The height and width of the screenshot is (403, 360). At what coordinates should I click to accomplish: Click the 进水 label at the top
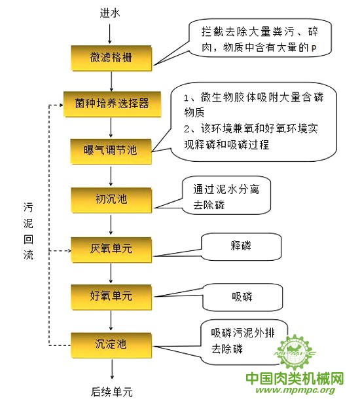click(x=110, y=13)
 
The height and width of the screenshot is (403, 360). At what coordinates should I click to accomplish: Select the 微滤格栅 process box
click(x=111, y=58)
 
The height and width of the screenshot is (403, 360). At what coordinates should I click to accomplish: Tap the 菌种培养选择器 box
click(x=112, y=104)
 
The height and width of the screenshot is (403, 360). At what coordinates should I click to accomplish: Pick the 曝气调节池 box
click(x=111, y=151)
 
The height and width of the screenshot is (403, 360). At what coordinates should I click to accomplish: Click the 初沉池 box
click(x=111, y=200)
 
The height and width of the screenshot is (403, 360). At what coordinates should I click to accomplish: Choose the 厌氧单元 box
click(x=111, y=250)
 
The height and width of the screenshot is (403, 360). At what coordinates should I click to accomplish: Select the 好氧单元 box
click(x=111, y=297)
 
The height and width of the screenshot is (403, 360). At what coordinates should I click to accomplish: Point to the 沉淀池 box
click(x=111, y=345)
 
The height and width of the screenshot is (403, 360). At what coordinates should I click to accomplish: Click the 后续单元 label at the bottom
click(x=112, y=393)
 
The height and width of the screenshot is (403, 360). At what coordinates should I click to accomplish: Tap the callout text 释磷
click(x=241, y=246)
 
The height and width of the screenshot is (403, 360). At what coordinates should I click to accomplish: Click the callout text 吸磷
click(x=242, y=297)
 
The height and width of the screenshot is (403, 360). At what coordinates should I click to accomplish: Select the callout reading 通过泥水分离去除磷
click(x=226, y=197)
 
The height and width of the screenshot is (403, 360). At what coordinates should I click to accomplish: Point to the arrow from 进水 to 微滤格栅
click(x=110, y=34)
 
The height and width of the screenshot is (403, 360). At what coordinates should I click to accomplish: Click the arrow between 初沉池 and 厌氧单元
click(x=111, y=224)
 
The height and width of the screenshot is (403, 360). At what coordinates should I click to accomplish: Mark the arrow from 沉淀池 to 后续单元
click(x=112, y=369)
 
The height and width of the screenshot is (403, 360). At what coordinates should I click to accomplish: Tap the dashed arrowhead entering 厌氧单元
click(x=69, y=250)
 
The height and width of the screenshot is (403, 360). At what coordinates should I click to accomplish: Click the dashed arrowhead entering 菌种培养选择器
click(x=61, y=105)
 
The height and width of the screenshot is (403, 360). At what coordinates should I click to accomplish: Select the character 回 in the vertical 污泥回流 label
click(x=28, y=239)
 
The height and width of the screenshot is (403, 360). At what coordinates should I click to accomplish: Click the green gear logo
click(x=295, y=353)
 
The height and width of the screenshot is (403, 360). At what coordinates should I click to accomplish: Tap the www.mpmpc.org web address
click(x=295, y=390)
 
